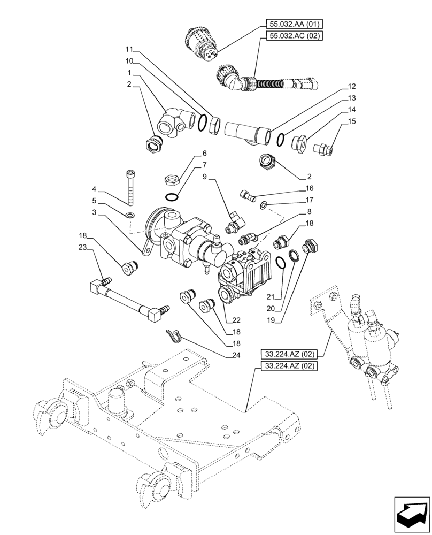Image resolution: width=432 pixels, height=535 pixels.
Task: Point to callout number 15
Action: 351,121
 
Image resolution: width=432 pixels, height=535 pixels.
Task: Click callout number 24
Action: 236,355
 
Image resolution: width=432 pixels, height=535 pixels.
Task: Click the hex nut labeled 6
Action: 172,177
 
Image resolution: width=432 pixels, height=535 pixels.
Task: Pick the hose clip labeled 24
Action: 173,335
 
